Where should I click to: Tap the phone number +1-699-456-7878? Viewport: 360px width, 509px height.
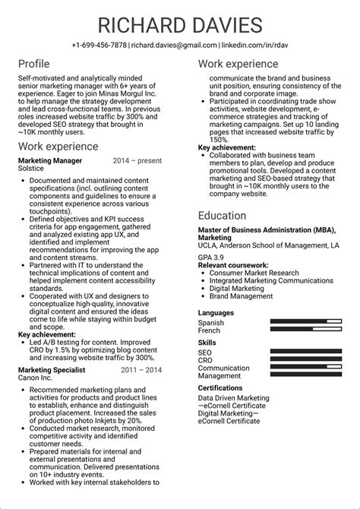(99, 46)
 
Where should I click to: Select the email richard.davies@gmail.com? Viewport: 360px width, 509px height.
(174, 46)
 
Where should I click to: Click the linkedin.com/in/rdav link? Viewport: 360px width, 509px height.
(254, 46)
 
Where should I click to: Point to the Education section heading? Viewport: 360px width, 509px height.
(226, 216)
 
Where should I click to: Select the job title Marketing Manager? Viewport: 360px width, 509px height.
(50, 161)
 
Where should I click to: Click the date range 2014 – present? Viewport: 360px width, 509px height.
(137, 161)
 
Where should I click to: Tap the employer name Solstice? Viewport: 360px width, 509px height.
(32, 169)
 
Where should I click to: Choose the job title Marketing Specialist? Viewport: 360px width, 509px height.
(52, 370)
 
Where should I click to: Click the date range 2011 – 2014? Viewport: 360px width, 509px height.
(141, 370)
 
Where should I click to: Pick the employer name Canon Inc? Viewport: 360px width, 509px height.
(35, 378)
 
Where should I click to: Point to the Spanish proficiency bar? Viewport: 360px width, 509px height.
(306, 323)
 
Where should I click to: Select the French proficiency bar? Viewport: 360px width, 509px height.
(306, 331)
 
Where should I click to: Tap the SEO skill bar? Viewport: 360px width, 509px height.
(306, 353)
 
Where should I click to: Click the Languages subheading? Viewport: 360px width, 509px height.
(216, 312)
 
